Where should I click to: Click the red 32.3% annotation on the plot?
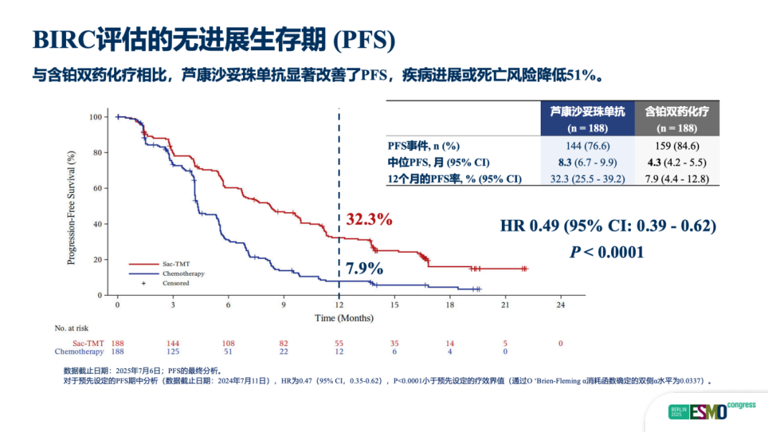tap(369, 219)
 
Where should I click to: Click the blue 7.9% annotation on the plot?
tap(364, 269)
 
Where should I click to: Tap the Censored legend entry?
tap(175, 283)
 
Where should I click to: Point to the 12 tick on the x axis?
tap(338, 305)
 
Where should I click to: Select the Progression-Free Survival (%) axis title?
tap(72, 207)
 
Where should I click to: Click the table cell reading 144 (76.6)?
tap(587, 145)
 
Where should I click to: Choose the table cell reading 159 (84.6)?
tap(677, 145)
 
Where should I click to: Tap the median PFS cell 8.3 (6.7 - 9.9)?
tap(587, 162)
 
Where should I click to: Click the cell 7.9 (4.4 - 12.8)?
tap(677, 178)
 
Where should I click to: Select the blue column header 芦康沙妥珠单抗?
tap(587, 112)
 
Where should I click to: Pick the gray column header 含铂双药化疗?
tap(677, 112)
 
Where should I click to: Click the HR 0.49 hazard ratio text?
tap(608, 226)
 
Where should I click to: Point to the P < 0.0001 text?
tap(607, 251)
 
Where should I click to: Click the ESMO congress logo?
tap(711, 412)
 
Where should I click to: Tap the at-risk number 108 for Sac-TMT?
tap(228, 343)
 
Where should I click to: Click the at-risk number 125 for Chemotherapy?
tap(173, 352)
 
